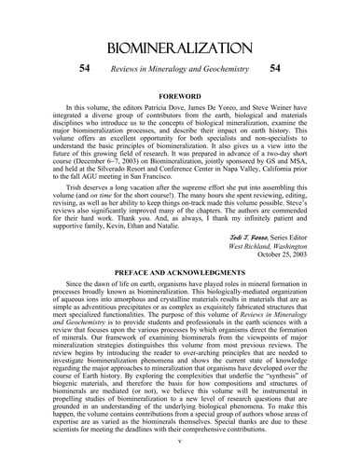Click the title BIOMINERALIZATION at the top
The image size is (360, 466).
click(179, 48)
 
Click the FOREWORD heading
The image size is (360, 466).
click(179, 96)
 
